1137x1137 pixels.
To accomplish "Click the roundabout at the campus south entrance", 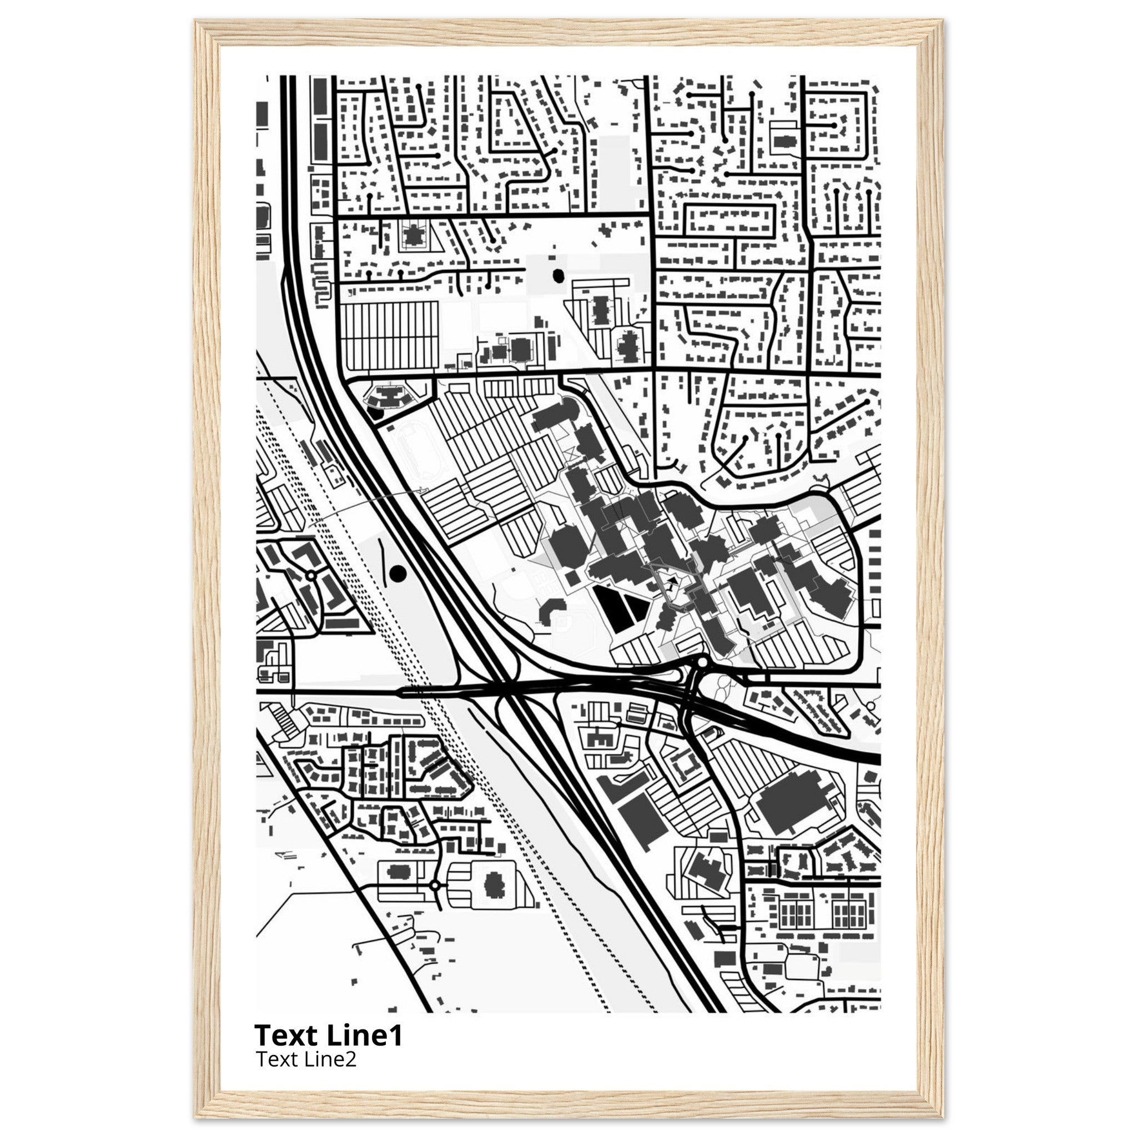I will click(702, 663).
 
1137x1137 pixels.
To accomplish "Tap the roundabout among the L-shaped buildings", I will click(310, 575).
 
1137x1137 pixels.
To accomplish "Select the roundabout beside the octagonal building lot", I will click(435, 902).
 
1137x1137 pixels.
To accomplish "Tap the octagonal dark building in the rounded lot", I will click(494, 900).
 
